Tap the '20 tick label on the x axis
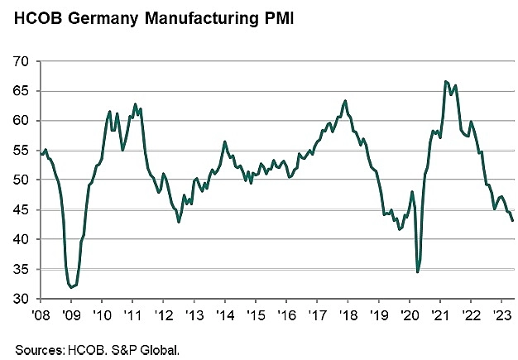point(409,314)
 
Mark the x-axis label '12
point(164,314)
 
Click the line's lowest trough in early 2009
point(71,287)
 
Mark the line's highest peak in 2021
point(446,81)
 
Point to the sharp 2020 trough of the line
point(418,271)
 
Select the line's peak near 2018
point(345,101)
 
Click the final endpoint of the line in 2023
point(513,220)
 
